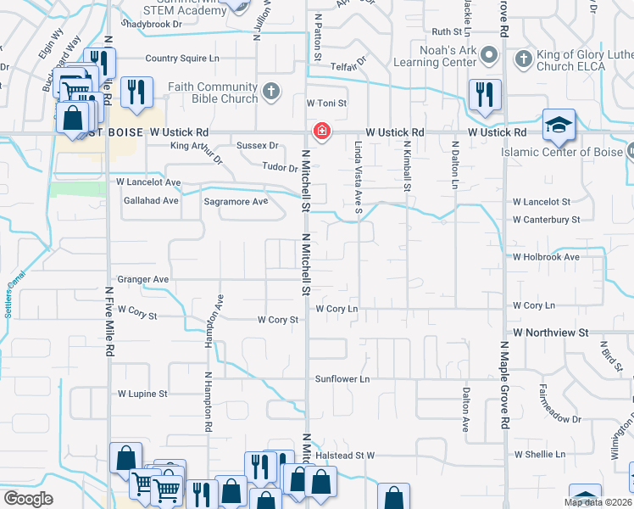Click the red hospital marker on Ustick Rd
pos(321,131)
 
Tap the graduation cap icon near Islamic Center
pos(558,126)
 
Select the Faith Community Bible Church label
pos(213,92)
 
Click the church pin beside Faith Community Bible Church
pos(270,91)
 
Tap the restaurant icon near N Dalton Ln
pos(484,94)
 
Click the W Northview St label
pos(548,333)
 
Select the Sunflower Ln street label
pos(343,378)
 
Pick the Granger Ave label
pos(143,279)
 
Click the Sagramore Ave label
pos(236,202)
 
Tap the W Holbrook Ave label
pos(546,256)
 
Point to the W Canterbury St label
pos(546,219)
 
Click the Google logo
pos(28,499)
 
